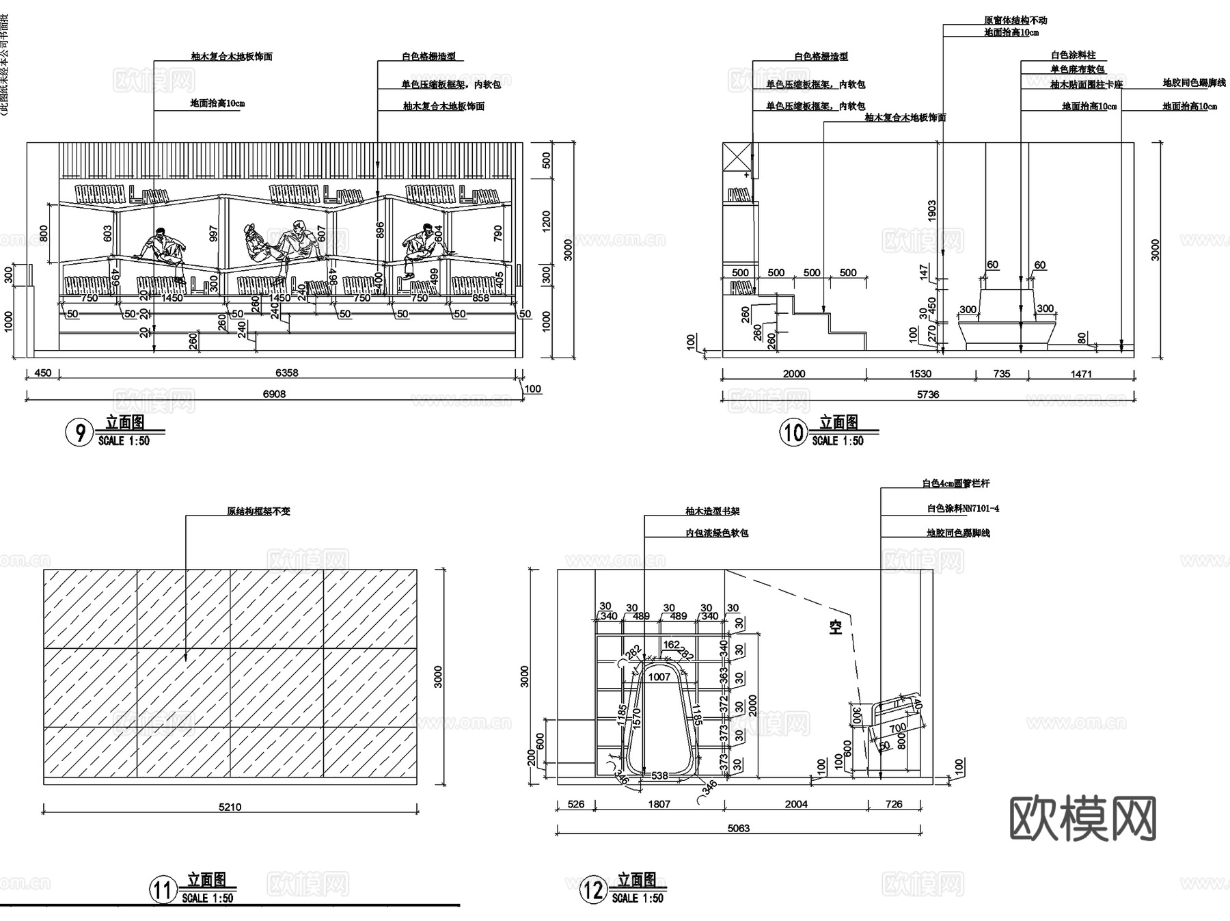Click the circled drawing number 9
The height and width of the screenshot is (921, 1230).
point(80,433)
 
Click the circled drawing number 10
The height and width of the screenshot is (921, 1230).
point(793,433)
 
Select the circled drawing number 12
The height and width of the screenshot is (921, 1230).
point(592,890)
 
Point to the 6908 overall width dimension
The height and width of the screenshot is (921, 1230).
point(274,394)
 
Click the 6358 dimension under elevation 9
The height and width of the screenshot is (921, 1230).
point(286,373)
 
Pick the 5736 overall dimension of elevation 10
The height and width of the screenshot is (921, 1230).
point(927,395)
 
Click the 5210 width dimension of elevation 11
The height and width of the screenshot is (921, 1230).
point(230,807)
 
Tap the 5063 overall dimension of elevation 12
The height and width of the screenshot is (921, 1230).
point(738,828)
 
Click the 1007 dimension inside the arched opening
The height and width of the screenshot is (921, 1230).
point(659,677)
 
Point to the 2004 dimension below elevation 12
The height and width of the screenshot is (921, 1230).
point(796,804)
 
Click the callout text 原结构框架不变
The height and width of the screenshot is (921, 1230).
point(258,511)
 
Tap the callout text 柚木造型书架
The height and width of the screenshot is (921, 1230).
point(713,511)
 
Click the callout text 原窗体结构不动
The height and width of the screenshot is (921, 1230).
point(1015,21)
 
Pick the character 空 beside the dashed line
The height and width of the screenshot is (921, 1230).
point(836,626)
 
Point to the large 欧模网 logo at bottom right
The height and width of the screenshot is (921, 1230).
point(1083,818)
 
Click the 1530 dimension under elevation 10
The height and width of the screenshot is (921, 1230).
point(920,373)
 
